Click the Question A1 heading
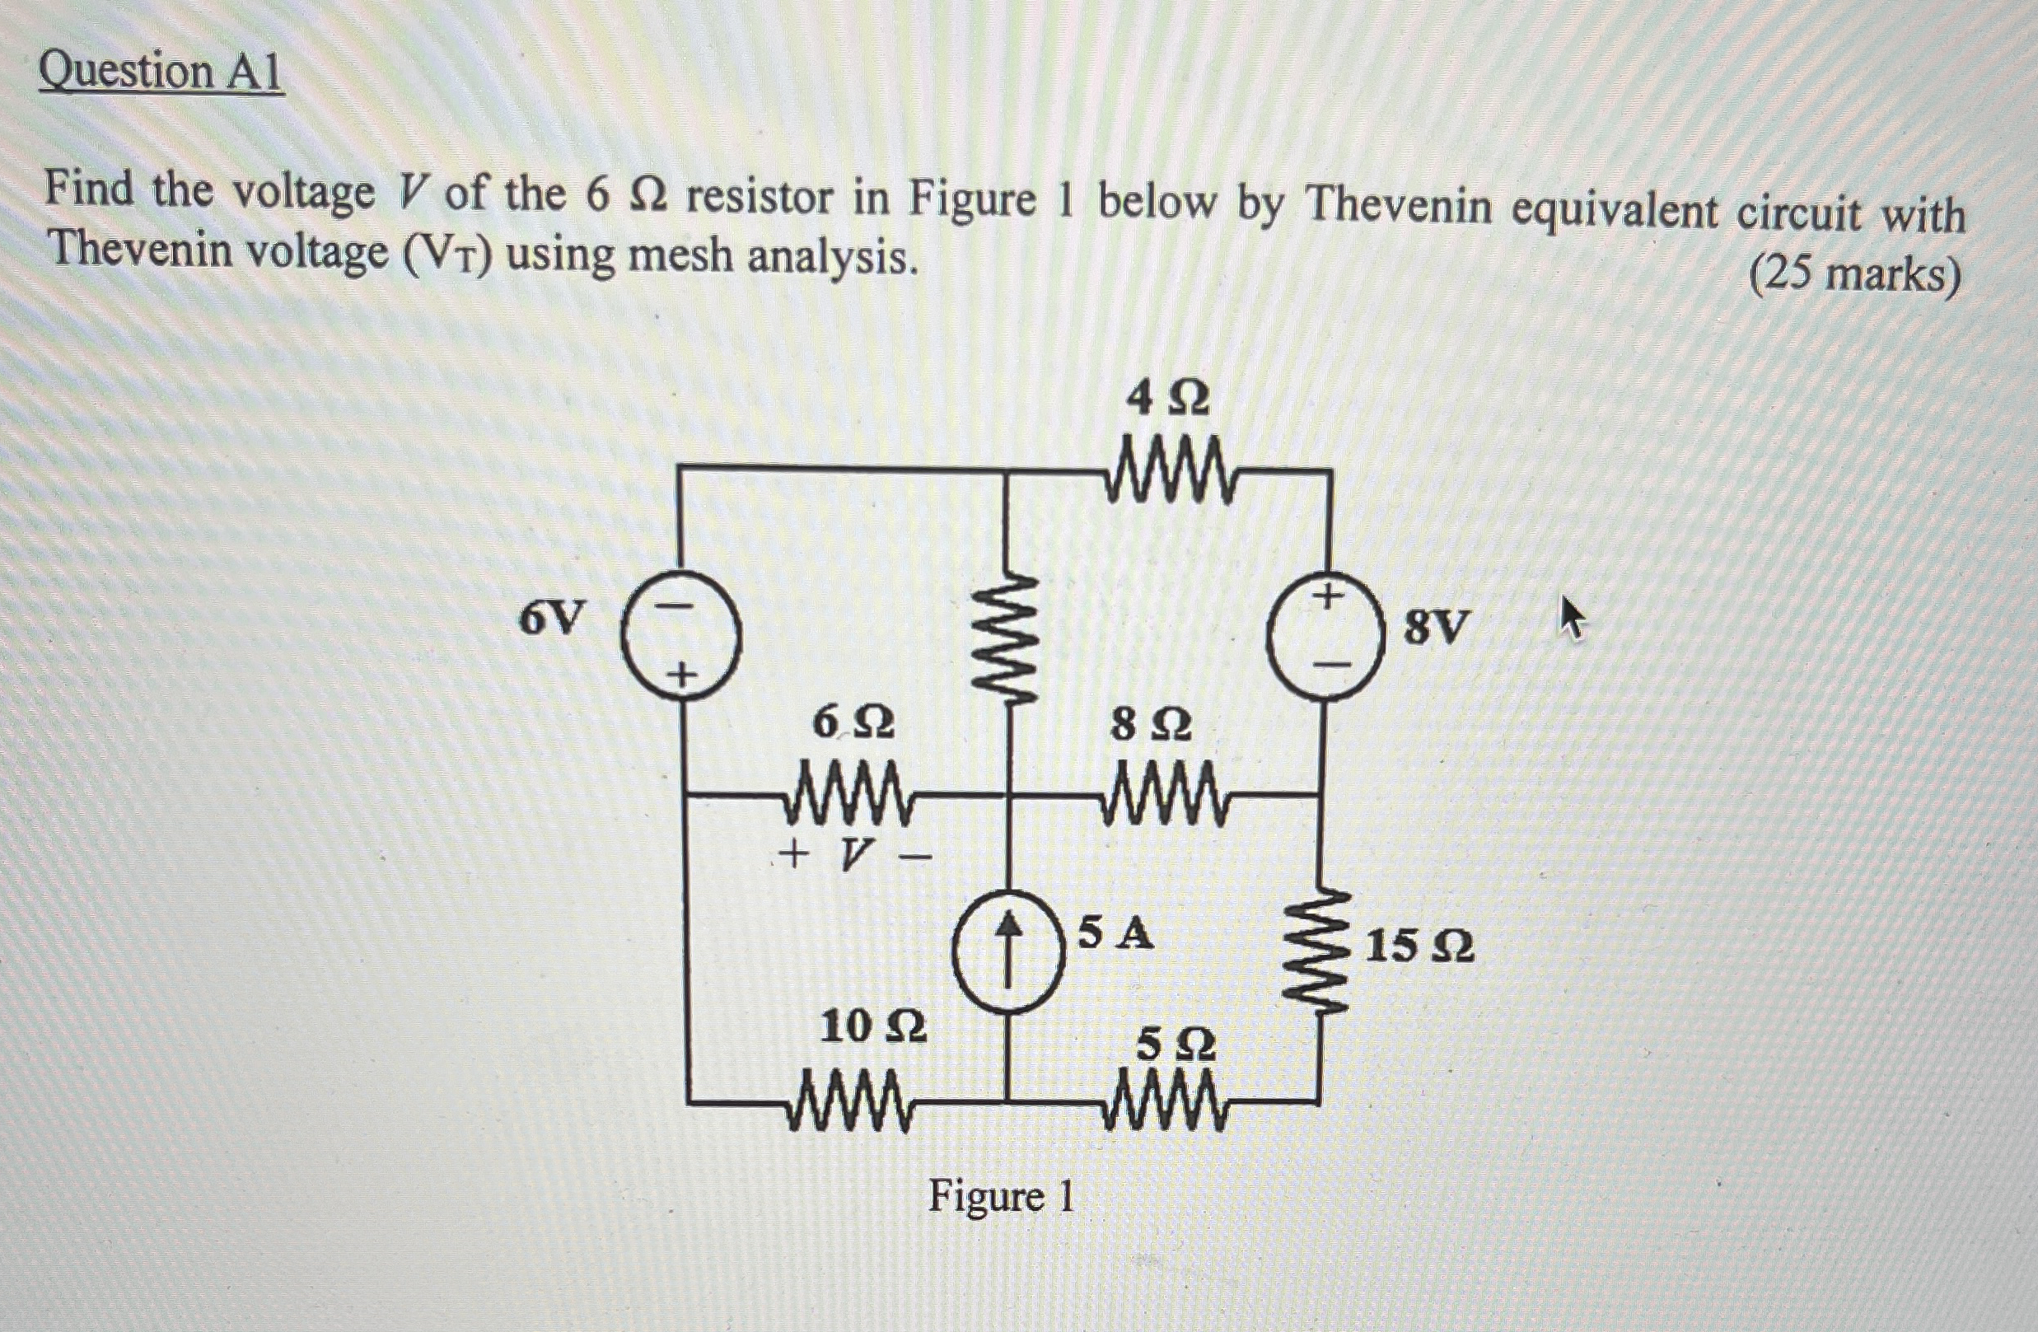click(x=160, y=72)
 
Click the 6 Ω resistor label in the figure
click(x=852, y=724)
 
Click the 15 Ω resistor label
click(x=1419, y=947)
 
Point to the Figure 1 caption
click(x=1001, y=1196)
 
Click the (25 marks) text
click(x=1855, y=277)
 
